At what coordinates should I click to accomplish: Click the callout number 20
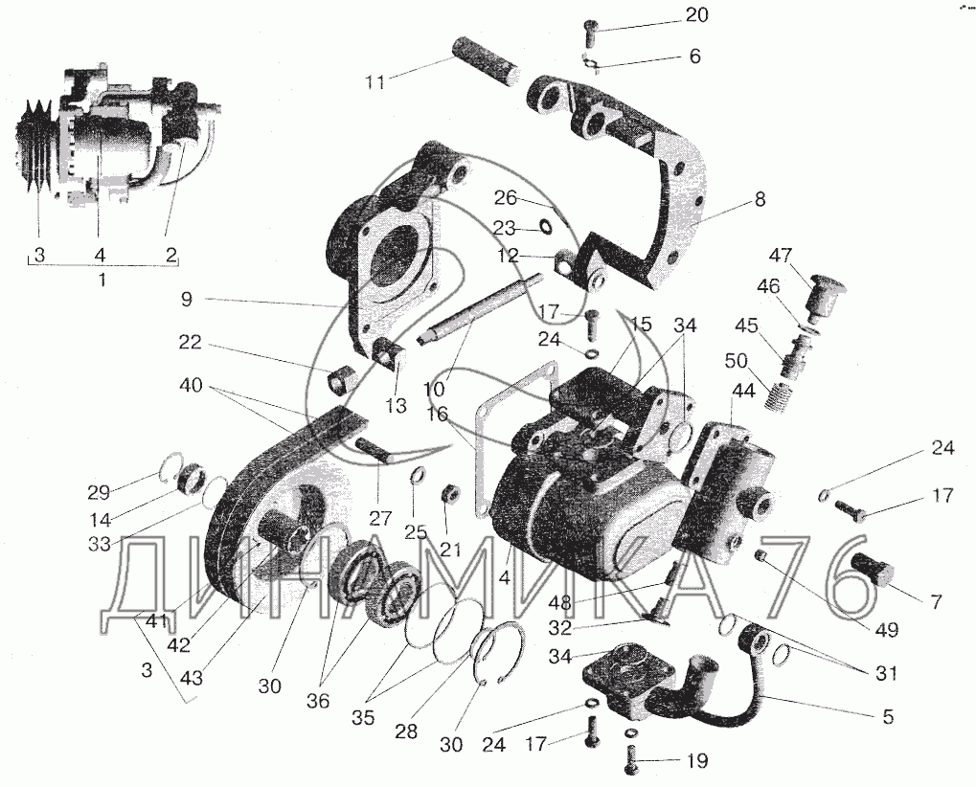click(696, 15)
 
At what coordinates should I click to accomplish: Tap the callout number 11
click(375, 81)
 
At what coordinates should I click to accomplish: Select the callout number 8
click(760, 200)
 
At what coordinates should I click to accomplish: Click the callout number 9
click(186, 300)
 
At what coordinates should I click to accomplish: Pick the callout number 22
click(191, 342)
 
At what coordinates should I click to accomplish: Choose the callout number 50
click(738, 360)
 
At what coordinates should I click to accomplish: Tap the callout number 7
click(936, 601)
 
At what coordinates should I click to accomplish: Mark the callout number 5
click(888, 716)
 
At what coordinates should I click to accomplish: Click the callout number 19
click(697, 761)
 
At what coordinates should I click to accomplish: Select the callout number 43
click(192, 678)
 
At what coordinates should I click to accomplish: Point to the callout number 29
click(99, 493)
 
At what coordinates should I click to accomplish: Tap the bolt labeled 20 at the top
click(589, 31)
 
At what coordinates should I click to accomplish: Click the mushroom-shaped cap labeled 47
click(825, 297)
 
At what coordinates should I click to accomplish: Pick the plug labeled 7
click(872, 568)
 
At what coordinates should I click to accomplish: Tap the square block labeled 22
click(341, 378)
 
